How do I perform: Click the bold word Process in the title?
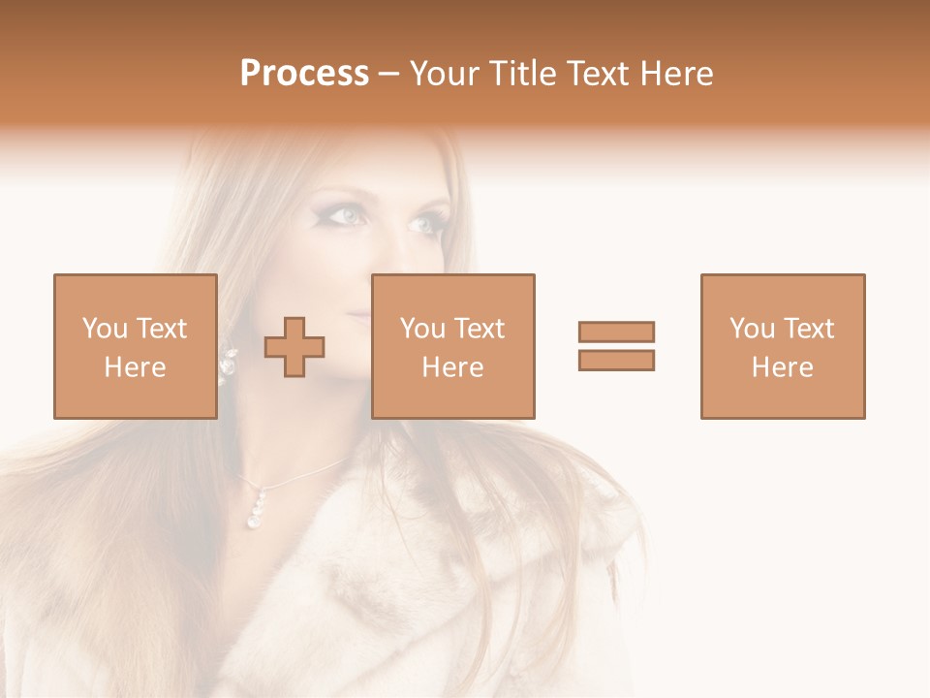(x=304, y=74)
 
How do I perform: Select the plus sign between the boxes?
(x=294, y=346)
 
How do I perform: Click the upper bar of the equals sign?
(x=616, y=332)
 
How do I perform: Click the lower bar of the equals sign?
(x=616, y=360)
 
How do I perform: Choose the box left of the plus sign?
(x=135, y=346)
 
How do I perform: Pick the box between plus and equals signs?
(x=452, y=346)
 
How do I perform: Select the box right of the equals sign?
(x=782, y=346)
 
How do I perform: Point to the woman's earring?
(x=229, y=364)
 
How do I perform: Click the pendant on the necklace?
(x=258, y=509)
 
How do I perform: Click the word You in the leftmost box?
(x=105, y=329)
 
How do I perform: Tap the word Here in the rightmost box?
(x=782, y=366)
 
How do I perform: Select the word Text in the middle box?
(x=480, y=329)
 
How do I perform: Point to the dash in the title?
(x=389, y=75)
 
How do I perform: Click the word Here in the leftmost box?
(x=135, y=366)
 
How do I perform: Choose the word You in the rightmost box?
(x=752, y=329)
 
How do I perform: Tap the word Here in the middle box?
(x=452, y=366)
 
